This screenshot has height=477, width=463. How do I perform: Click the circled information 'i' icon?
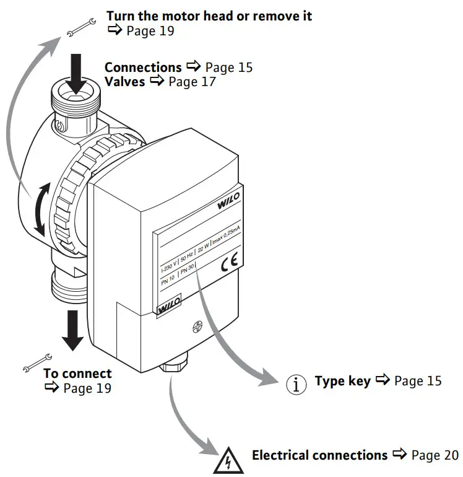(x=296, y=384)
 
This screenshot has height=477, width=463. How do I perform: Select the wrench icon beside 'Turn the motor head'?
(x=80, y=26)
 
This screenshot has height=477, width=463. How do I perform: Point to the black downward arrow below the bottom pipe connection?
(x=73, y=330)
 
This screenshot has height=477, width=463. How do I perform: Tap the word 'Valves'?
(x=124, y=81)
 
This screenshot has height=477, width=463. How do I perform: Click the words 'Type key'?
(x=342, y=380)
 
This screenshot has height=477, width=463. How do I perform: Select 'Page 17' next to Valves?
(x=192, y=81)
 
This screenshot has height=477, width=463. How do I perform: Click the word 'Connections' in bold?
(x=143, y=67)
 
